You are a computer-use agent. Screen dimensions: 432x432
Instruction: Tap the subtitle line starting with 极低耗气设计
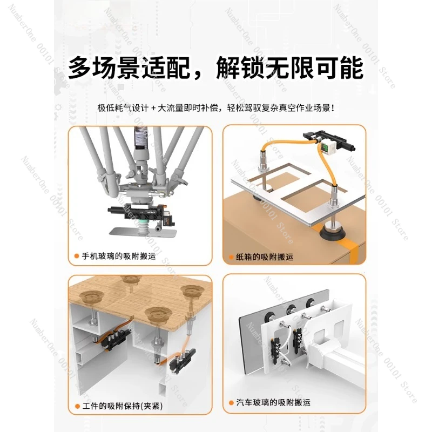216,107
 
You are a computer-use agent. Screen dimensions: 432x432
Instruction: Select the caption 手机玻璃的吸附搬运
119,256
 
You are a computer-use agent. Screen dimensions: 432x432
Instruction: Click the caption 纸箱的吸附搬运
265,257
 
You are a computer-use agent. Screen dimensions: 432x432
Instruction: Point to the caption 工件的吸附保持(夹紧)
123,406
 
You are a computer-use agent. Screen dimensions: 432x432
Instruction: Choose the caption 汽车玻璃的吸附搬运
273,402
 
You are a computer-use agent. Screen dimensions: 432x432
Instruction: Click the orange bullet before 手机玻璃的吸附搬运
77,256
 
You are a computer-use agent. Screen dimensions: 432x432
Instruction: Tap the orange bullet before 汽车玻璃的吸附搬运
232,403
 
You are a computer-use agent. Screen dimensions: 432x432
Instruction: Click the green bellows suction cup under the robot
143,225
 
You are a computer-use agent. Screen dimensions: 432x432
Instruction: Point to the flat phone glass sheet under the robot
143,232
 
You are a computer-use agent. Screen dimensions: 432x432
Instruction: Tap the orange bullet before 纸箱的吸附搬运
232,258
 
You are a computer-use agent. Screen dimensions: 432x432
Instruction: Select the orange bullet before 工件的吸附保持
77,406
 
